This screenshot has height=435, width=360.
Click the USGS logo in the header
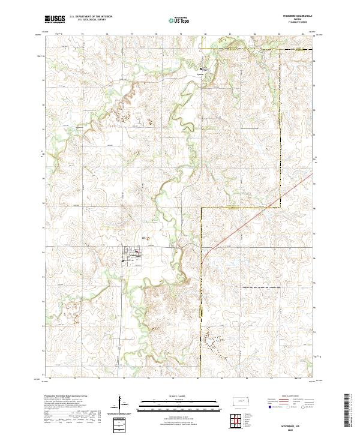[x=55, y=19]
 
